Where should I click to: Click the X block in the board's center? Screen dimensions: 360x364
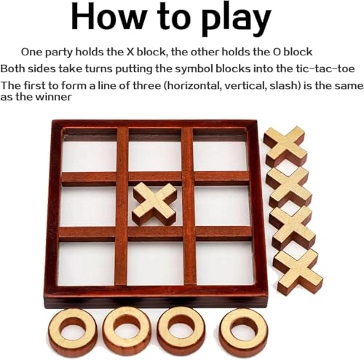point(154,204)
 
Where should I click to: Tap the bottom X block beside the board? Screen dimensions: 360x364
point(298,270)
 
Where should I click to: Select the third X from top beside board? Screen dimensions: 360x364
point(293,227)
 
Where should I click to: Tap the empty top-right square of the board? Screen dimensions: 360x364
point(222,154)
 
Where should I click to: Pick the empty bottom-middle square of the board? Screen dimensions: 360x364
point(154,263)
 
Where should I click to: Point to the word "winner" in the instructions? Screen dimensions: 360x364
point(52,98)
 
